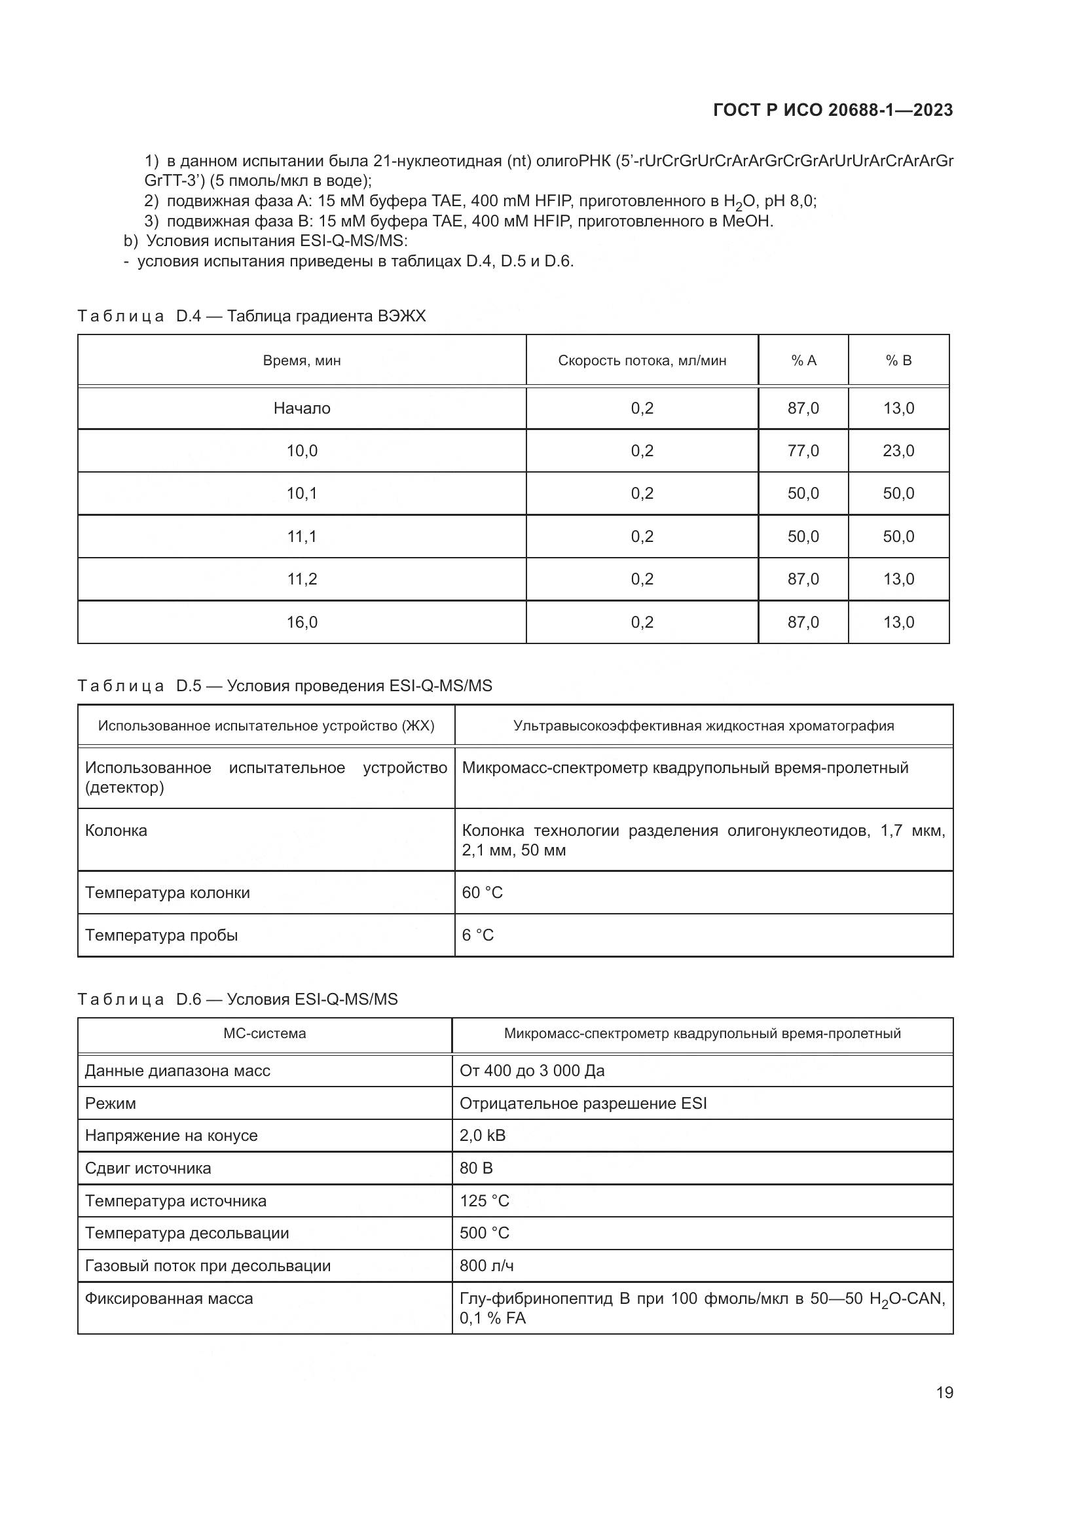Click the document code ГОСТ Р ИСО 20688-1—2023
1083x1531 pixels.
pyautogui.click(x=832, y=110)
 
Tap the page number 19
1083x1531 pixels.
pyautogui.click(x=944, y=1392)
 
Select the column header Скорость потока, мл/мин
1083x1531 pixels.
pyautogui.click(x=642, y=361)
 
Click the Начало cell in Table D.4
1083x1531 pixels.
pyautogui.click(x=301, y=408)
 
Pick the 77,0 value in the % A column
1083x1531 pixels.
pyautogui.click(x=803, y=451)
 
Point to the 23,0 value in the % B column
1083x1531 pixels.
pyautogui.click(x=898, y=451)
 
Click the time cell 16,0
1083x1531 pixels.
pyautogui.click(x=301, y=622)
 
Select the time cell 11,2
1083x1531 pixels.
pyautogui.click(x=301, y=579)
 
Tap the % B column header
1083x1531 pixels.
pyautogui.click(x=898, y=361)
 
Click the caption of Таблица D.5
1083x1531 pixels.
pyautogui.click(x=285, y=685)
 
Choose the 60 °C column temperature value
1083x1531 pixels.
pyautogui.click(x=482, y=892)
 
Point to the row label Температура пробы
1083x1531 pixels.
pyautogui.click(x=161, y=935)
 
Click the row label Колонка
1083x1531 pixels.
pyautogui.click(x=116, y=830)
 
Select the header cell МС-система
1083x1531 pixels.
pyautogui.click(x=265, y=1034)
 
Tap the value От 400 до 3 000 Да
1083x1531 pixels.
pyautogui.click(x=532, y=1071)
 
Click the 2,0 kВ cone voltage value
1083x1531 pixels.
pyautogui.click(x=482, y=1136)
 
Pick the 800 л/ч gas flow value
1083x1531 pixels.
pyautogui.click(x=486, y=1266)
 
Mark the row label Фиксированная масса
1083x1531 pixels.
pyautogui.click(x=169, y=1298)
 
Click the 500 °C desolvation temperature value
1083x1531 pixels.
pyautogui.click(x=484, y=1233)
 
